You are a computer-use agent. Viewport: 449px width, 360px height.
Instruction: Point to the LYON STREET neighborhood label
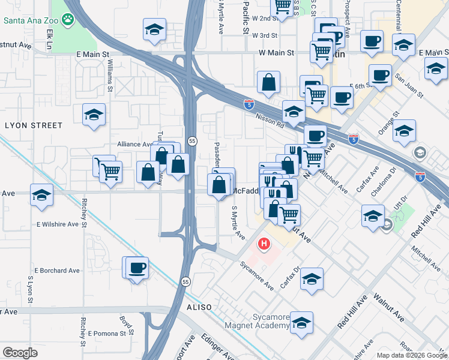(x=34, y=125)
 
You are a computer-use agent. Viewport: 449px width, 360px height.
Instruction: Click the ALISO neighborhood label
(x=199, y=307)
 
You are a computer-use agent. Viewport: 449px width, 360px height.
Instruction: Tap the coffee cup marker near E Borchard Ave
(x=137, y=267)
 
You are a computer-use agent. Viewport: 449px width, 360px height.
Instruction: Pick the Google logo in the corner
(x=20, y=353)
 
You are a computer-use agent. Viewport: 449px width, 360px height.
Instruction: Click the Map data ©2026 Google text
(x=411, y=355)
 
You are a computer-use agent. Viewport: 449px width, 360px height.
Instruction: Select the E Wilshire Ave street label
(x=58, y=224)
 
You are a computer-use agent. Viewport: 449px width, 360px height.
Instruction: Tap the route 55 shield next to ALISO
(x=185, y=281)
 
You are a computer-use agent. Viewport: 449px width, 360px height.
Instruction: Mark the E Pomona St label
(x=110, y=333)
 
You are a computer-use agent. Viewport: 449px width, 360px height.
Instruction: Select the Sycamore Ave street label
(x=257, y=275)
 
